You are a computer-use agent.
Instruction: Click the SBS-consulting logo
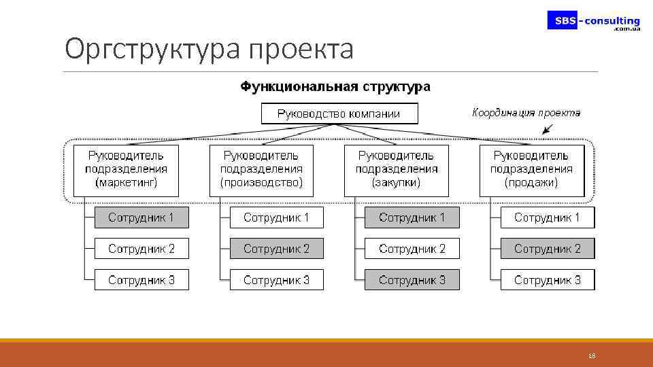594,21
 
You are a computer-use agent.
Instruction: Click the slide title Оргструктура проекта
209,49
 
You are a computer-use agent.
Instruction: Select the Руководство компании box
339,113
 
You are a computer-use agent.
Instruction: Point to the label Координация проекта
526,113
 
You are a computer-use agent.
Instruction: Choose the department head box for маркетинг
126,170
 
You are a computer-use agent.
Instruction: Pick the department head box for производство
262,170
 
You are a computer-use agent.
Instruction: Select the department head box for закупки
397,170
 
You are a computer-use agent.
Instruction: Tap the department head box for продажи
531,170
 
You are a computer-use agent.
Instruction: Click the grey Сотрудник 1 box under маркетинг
141,217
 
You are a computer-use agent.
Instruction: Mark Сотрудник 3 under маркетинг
141,280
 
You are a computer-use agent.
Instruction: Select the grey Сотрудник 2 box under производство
276,249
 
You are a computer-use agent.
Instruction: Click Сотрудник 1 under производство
276,217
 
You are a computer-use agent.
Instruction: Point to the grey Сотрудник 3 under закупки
412,280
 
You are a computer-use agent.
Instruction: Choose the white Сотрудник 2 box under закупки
412,249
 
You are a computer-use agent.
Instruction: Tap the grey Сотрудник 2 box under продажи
547,249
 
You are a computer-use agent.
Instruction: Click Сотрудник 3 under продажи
547,280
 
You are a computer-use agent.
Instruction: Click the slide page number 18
591,355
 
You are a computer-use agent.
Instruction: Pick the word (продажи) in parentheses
531,182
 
